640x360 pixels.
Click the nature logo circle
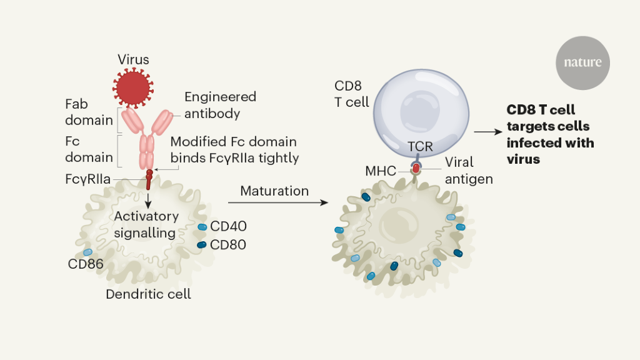(x=582, y=62)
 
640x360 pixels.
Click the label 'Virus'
(x=133, y=60)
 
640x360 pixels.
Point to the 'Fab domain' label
(x=89, y=111)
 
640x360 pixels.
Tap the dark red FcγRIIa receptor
(x=149, y=179)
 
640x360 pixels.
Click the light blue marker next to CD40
(x=202, y=227)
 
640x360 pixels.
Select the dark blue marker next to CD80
(x=202, y=245)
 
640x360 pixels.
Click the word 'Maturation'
(x=274, y=191)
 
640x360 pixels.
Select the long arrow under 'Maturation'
(x=277, y=203)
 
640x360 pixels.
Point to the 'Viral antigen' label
(x=469, y=170)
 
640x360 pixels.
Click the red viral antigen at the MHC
(x=416, y=167)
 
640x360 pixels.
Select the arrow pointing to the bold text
(x=488, y=132)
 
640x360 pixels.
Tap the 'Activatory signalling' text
(x=146, y=224)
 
